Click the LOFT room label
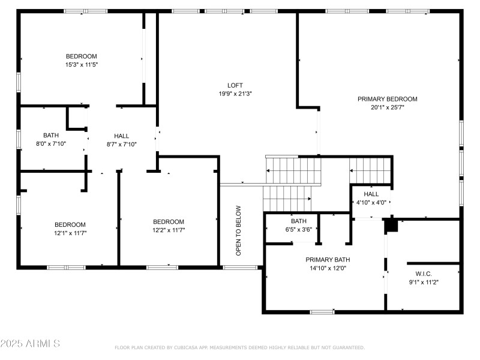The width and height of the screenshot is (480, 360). tap(235, 85)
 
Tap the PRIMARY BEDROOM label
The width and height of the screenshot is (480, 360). tap(387, 99)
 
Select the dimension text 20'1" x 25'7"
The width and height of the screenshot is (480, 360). tap(387, 107)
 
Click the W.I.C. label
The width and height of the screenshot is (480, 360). tap(424, 274)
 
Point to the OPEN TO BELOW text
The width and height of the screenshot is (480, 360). tap(238, 230)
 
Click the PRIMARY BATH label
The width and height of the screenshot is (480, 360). tap(328, 260)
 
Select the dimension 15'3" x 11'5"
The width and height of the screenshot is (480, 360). tap(82, 65)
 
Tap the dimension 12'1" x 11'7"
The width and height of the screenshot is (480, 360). tap(70, 233)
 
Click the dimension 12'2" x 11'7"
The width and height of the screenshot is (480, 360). tap(169, 230)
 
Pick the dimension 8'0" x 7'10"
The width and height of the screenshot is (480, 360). tap(51, 143)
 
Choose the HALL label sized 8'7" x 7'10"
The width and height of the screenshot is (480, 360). tap(122, 136)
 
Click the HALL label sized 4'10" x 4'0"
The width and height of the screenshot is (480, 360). tap(371, 194)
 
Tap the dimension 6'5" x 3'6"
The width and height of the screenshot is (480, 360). tap(298, 229)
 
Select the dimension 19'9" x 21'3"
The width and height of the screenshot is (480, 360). tap(235, 94)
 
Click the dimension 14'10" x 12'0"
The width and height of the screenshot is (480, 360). tap(328, 268)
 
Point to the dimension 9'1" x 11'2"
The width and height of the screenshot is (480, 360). tap(424, 282)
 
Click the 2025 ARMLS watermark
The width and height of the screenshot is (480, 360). tap(30, 343)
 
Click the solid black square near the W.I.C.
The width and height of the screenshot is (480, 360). tap(391, 226)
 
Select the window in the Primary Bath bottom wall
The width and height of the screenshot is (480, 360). tap(322, 312)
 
